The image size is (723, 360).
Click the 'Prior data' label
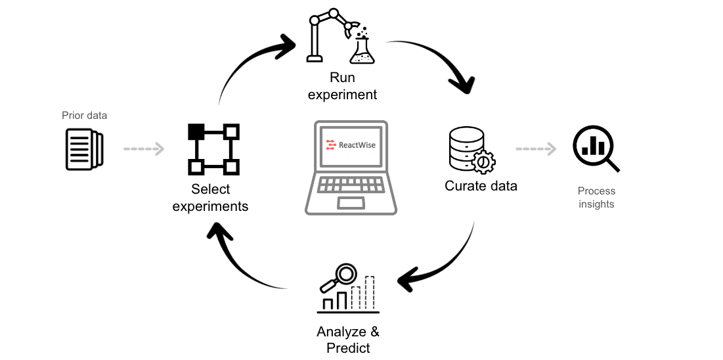[x=84, y=116]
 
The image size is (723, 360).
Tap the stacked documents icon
[x=84, y=149]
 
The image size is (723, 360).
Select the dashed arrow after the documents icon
[x=144, y=149]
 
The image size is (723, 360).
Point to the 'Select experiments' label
[x=210, y=198]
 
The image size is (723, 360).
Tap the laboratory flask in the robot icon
[x=362, y=51]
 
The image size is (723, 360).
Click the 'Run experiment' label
[x=343, y=86]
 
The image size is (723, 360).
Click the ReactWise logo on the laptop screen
[x=351, y=145]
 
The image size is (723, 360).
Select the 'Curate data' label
[x=481, y=186]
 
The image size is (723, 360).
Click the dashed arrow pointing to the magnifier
[x=535, y=149]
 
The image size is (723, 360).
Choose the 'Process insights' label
[x=596, y=198]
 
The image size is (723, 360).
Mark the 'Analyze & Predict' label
[x=348, y=340]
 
